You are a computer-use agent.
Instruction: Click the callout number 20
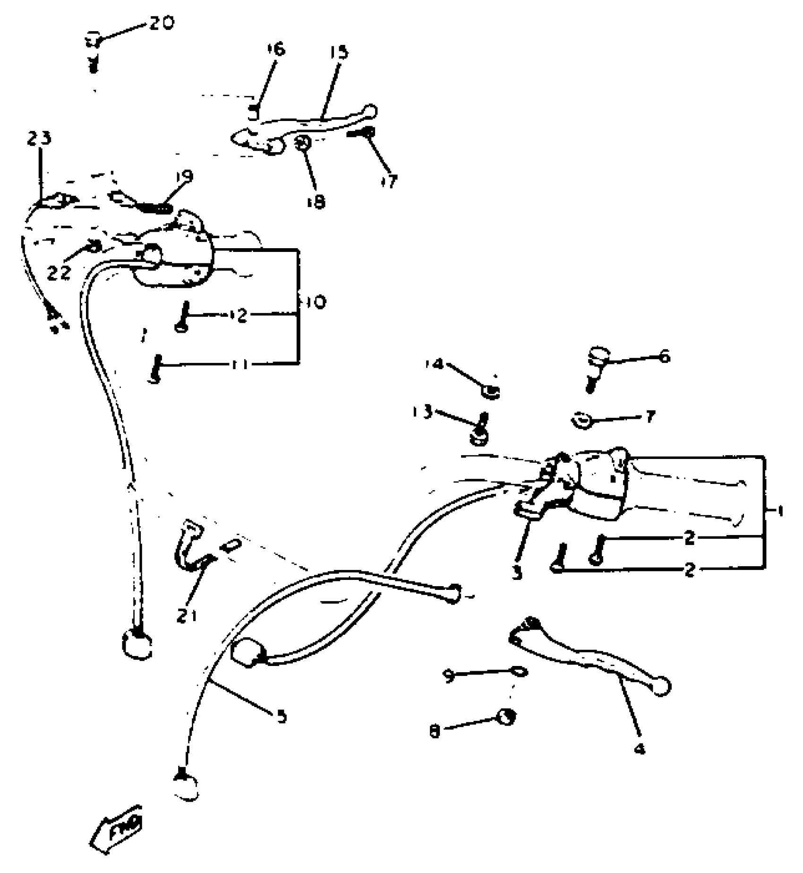pyautogui.click(x=162, y=23)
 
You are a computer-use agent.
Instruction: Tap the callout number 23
pyautogui.click(x=39, y=139)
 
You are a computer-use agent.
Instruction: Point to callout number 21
pyautogui.click(x=187, y=615)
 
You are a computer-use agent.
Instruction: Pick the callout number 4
pyautogui.click(x=640, y=749)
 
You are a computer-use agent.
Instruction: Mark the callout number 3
pyautogui.click(x=517, y=572)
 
